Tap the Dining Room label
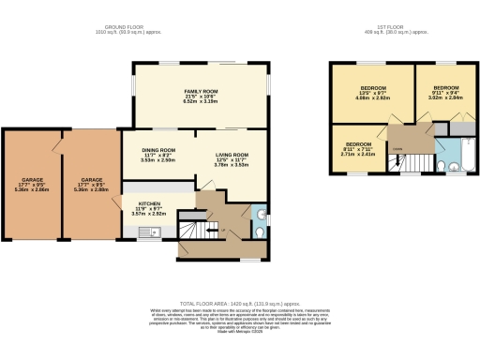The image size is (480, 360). (x=157, y=155)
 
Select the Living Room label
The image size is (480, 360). (x=232, y=159)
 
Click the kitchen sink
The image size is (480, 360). (x=148, y=232)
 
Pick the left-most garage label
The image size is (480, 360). (x=34, y=184)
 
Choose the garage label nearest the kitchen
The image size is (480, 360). (x=91, y=184)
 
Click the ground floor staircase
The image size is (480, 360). (x=192, y=229)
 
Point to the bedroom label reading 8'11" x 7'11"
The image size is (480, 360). (x=357, y=150)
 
